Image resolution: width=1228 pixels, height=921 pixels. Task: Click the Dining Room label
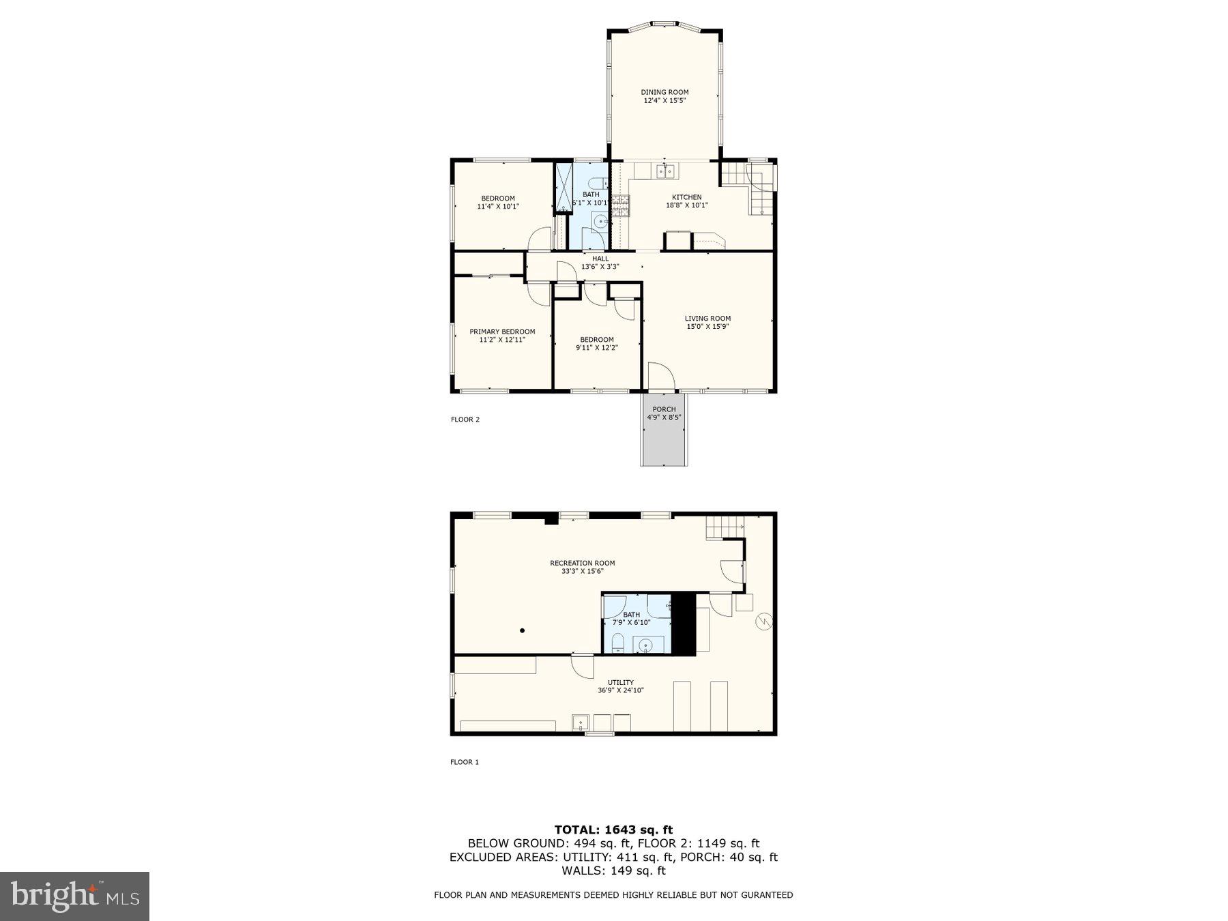point(664,92)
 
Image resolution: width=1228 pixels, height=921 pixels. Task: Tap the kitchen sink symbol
point(665,172)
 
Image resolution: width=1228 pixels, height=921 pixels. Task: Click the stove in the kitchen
point(620,205)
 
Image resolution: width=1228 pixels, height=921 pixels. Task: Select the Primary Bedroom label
point(502,332)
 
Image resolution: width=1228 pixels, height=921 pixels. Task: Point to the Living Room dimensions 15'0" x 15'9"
point(707,327)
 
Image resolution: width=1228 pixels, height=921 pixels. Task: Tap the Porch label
point(664,409)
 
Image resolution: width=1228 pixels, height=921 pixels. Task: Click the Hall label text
point(600,259)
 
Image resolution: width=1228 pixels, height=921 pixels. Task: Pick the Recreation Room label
point(582,563)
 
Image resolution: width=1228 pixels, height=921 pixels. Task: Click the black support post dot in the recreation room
point(523,631)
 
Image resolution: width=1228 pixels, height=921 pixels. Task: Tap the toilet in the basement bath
point(617,643)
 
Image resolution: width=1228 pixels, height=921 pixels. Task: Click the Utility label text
point(620,682)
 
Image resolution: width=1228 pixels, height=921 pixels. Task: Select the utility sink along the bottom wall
point(581,722)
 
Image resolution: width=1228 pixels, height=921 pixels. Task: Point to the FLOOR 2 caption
point(465,420)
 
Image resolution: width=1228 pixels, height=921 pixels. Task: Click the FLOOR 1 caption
point(464,762)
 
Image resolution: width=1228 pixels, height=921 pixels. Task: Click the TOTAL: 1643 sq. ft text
point(613,830)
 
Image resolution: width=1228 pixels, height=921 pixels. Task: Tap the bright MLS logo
point(74,896)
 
